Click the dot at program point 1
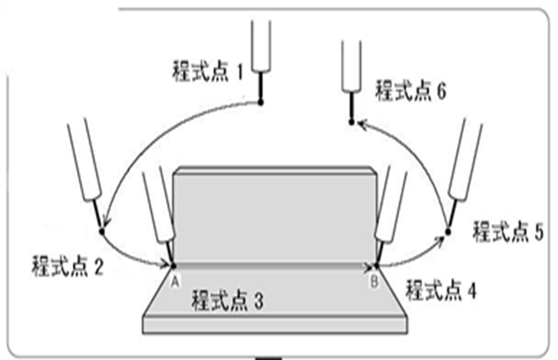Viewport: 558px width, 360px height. pos(261,103)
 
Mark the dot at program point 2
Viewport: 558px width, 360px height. pos(102,231)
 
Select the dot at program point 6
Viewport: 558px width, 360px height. pos(351,123)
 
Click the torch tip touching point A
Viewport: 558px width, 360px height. pos(172,264)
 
